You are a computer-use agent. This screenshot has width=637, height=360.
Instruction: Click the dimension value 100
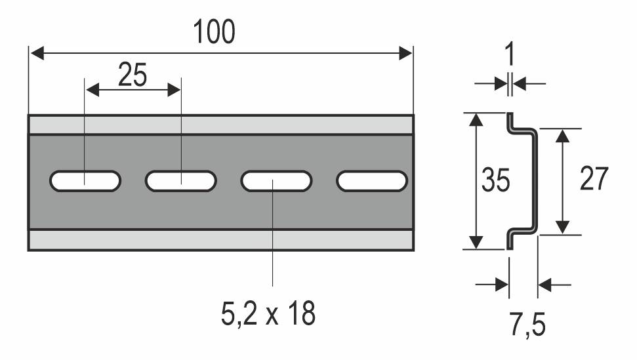click(x=214, y=31)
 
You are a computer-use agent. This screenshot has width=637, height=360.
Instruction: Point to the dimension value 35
click(x=495, y=180)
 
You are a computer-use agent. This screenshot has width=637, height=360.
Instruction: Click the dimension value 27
click(x=594, y=178)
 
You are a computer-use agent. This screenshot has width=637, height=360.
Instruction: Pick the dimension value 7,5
click(x=527, y=325)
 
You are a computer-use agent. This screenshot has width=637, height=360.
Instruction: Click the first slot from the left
click(x=85, y=181)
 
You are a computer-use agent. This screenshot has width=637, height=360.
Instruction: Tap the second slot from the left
click(x=181, y=181)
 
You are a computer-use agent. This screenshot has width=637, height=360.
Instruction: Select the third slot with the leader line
click(x=276, y=181)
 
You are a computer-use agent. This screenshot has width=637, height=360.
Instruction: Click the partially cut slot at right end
click(x=372, y=181)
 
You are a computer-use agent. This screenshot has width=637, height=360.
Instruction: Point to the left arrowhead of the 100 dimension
click(x=36, y=53)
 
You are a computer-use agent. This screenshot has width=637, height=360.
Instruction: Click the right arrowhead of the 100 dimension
click(x=405, y=53)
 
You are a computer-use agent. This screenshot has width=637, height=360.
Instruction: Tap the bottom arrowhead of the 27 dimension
click(x=561, y=227)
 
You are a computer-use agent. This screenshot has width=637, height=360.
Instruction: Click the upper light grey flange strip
click(x=220, y=125)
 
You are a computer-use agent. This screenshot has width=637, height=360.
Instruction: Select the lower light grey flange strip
click(x=220, y=240)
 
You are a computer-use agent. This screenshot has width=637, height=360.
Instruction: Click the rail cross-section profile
click(x=533, y=180)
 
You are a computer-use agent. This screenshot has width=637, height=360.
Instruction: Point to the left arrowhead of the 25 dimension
click(x=92, y=90)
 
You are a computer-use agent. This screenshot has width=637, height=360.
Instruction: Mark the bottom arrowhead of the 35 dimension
click(x=477, y=242)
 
